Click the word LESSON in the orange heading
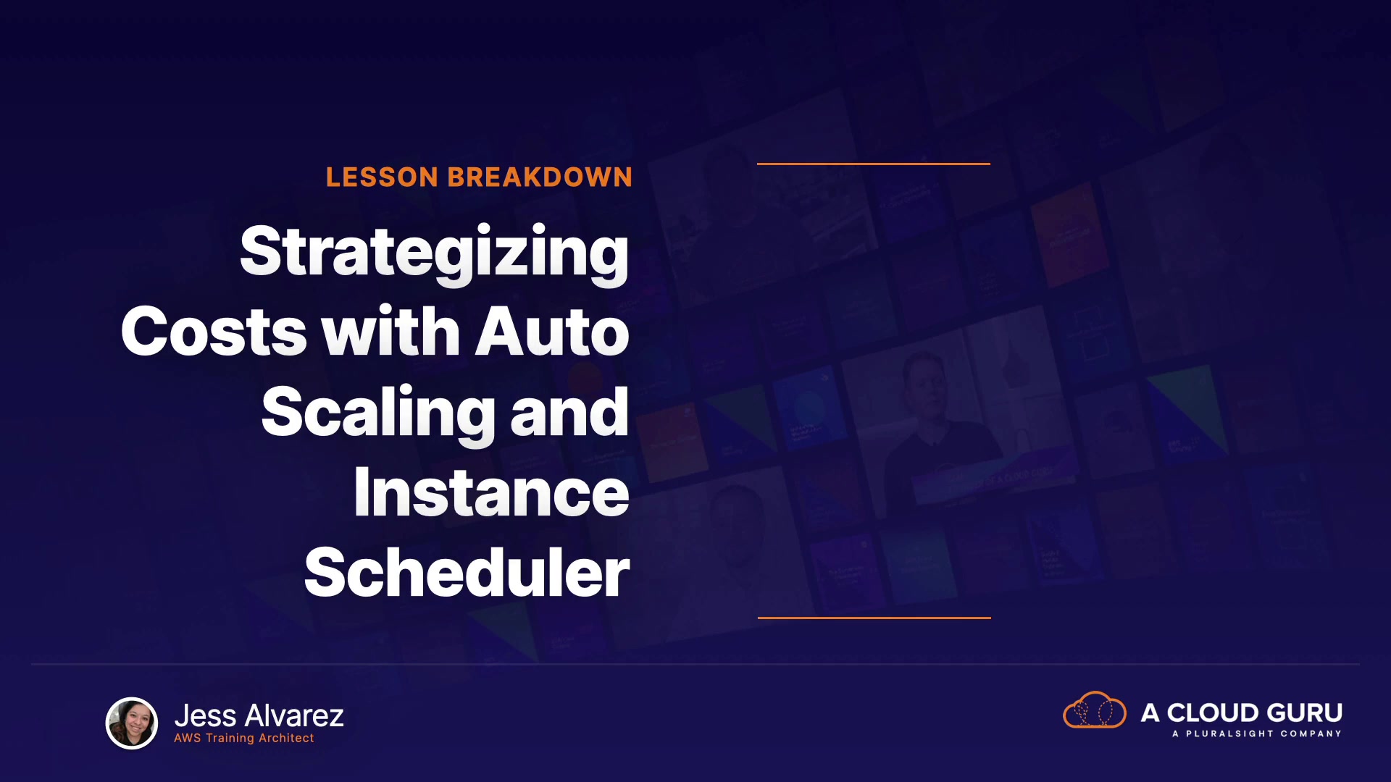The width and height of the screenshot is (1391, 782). coord(382,177)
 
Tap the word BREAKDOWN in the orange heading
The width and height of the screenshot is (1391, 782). coord(540,177)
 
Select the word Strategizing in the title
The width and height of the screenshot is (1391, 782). coord(435,253)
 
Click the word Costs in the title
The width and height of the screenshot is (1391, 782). coord(214,332)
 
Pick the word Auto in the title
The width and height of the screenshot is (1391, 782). coord(552,332)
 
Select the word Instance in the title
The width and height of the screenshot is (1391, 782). coord(491,492)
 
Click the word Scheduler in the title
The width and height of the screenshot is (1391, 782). coord(467,572)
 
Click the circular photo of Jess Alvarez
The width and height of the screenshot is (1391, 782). coord(132,723)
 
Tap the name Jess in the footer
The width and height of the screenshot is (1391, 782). coord(206,716)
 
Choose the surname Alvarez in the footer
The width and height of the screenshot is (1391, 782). coord(294,716)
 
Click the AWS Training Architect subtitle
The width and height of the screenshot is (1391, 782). coord(244,738)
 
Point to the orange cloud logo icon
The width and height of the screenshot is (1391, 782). coord(1095,710)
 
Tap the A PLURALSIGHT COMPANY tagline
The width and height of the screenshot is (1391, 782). coord(1257,733)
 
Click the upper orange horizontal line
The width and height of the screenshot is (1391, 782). coord(874,164)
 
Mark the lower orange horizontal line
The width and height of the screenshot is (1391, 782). coord(874,618)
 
